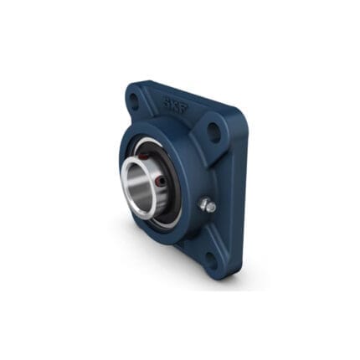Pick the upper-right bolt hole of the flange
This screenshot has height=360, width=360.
coord(214,131)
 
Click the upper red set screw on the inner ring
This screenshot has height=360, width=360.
coord(142,155)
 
